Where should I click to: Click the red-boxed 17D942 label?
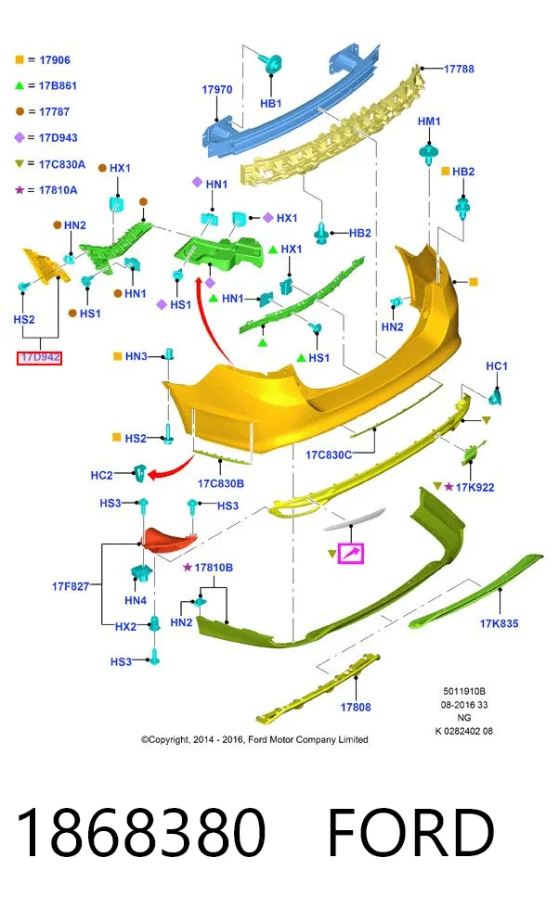(39, 357)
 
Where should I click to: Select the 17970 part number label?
(217, 89)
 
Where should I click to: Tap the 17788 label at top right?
(459, 69)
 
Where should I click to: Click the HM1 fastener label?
(429, 122)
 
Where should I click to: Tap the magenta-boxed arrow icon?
(351, 553)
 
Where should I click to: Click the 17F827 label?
(71, 586)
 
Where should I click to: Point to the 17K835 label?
(499, 623)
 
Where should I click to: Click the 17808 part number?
(356, 707)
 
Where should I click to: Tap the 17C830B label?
(221, 483)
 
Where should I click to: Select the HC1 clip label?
(496, 366)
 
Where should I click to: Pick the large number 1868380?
(140, 833)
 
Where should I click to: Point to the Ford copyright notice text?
(254, 740)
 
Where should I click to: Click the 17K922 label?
(474, 488)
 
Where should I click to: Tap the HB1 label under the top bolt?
(270, 104)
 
